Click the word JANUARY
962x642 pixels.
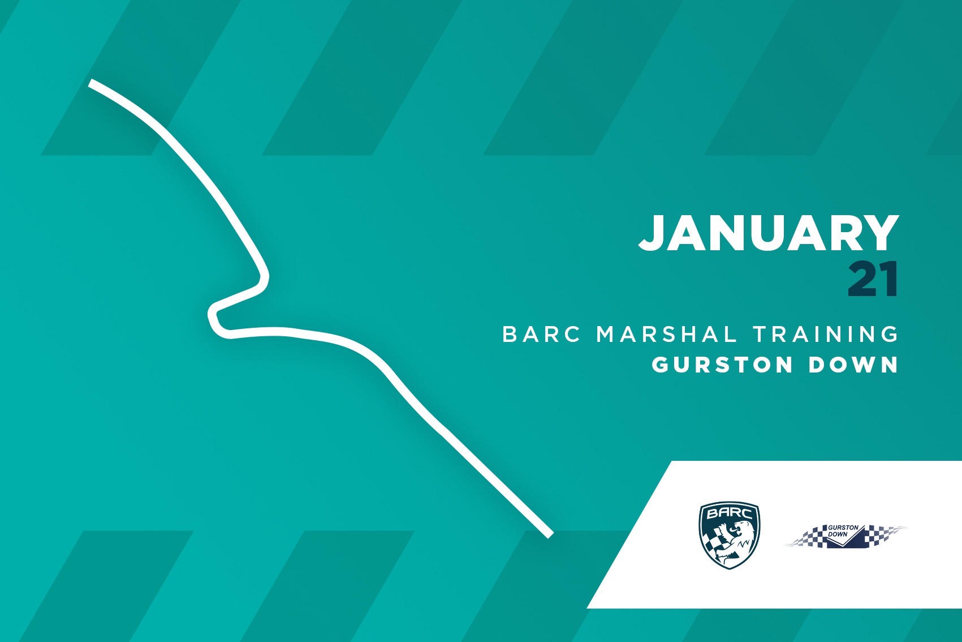pos(769,233)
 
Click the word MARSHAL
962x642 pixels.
pos(667,334)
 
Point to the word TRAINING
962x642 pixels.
pos(826,334)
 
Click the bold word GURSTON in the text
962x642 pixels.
pos(722,365)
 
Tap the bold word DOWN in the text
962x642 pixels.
pos(853,365)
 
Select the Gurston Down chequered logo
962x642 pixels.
pos(845,536)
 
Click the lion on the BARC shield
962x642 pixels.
pos(735,543)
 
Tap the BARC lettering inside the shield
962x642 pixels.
pos(729,513)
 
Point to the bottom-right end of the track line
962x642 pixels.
pos(550,535)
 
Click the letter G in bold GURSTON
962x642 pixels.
pos(661,365)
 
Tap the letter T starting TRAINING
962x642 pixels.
pos(761,334)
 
